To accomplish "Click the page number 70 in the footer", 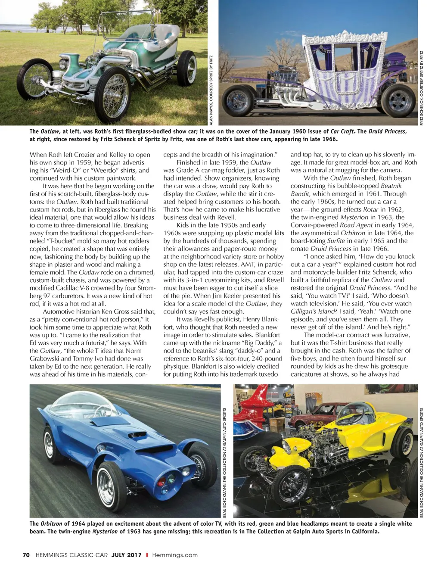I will pos(26,555).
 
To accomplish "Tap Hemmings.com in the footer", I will pos(175,555).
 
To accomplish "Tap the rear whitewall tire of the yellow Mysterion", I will pos(401,443).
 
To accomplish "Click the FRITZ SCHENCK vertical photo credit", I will pos(422,88).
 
